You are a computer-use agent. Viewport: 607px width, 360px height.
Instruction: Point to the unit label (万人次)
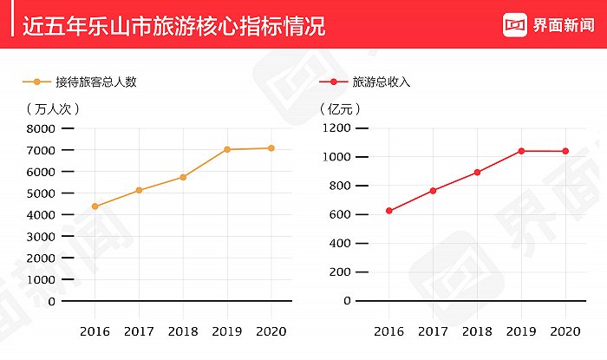tap(53, 109)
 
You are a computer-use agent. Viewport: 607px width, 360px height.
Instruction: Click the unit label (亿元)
tap(341, 109)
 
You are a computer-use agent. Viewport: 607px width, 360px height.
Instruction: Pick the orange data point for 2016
tap(95, 206)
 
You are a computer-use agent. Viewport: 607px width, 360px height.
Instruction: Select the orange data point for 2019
tap(227, 149)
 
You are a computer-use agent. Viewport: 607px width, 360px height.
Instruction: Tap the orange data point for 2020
tap(271, 148)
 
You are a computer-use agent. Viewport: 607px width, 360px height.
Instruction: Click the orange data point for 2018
tap(183, 177)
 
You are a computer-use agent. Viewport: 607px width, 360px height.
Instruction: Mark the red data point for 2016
tap(389, 211)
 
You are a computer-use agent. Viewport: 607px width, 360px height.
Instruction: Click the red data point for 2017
tap(433, 191)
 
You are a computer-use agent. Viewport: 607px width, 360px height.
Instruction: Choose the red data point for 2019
tap(521, 151)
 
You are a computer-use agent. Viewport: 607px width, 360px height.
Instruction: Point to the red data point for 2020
tap(565, 151)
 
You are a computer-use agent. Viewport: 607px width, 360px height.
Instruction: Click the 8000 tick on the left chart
tap(41, 128)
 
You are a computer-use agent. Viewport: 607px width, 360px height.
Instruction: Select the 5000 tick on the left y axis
tap(41, 193)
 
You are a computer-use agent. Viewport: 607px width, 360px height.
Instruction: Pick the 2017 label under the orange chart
tap(139, 332)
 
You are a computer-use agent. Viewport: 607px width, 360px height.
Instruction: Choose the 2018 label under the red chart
tap(477, 332)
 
